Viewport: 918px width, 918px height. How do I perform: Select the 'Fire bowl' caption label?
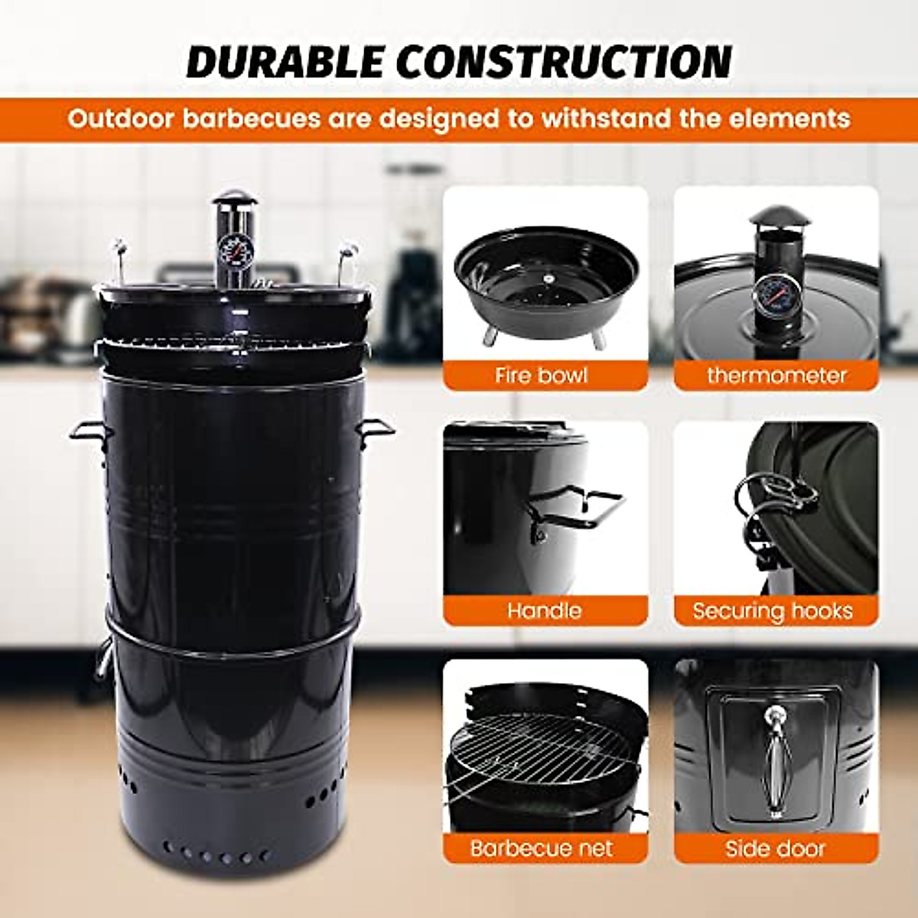pos(542,376)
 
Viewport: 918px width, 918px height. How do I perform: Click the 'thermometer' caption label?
pos(776,376)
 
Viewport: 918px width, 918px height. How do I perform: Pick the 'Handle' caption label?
pos(544,610)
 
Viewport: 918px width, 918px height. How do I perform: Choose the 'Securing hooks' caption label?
pos(772,610)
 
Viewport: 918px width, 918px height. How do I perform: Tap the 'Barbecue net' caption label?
pos(542,848)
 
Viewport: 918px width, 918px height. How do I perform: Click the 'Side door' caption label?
pos(776,848)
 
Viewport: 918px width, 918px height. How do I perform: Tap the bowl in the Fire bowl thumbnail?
pos(546,287)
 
